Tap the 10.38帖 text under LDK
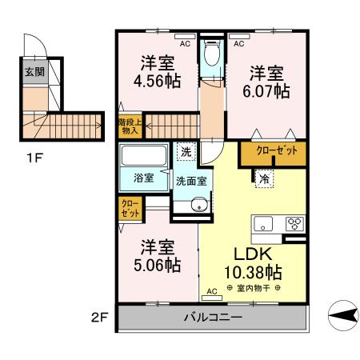click(252, 271)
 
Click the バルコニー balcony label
click(213, 317)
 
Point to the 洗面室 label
click(192, 180)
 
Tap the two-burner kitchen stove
click(293, 224)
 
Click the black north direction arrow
click(342, 317)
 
